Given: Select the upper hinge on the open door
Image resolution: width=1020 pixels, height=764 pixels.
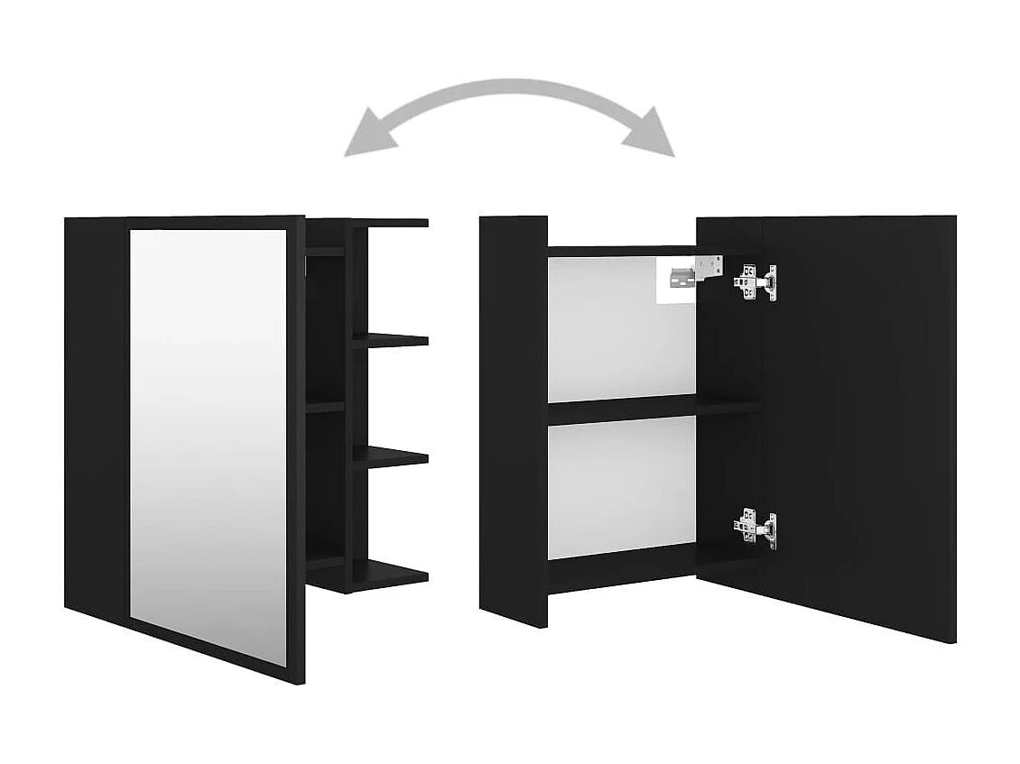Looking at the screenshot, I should tap(756, 281).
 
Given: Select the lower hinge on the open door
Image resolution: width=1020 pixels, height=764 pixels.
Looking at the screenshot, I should tap(756, 528).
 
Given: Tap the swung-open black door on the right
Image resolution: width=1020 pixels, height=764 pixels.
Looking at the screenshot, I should tap(858, 424).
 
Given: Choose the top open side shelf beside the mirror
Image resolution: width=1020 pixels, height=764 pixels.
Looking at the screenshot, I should tap(388, 223).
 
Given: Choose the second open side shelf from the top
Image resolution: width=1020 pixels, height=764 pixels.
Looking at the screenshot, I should tap(391, 339).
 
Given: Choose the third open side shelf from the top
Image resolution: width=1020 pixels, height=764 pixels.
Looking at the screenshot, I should tap(391, 456).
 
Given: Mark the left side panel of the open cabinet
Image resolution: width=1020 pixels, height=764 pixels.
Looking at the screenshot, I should tap(513, 415).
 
